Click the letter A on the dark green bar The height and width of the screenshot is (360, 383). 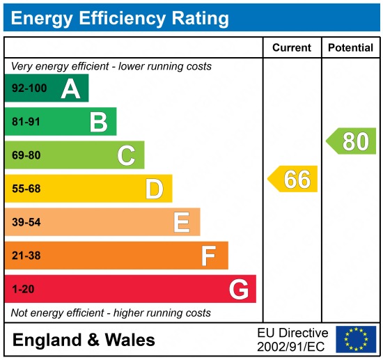point(70,88)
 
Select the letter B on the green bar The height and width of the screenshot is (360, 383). point(98,122)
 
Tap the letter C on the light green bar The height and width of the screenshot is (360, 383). point(126,155)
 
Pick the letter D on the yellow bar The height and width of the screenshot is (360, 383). point(154,189)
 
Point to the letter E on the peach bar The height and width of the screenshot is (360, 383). point(182,222)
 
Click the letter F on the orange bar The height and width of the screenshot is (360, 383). point(209,256)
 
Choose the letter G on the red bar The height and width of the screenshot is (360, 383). point(238,289)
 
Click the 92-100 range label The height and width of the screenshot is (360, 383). point(28,88)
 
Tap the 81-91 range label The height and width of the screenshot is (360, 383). point(26,122)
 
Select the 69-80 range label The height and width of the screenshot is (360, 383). point(26,155)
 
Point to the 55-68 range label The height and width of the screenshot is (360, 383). point(26,189)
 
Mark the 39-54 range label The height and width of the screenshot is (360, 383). point(26,222)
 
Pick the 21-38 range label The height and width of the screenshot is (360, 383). point(26,256)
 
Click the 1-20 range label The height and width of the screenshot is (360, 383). point(23,289)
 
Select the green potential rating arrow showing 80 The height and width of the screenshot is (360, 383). point(352,141)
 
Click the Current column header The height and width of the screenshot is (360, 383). point(292,48)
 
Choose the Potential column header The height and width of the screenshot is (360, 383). point(351,48)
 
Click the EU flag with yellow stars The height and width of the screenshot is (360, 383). point(355,339)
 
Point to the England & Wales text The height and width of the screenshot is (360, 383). point(84,340)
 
